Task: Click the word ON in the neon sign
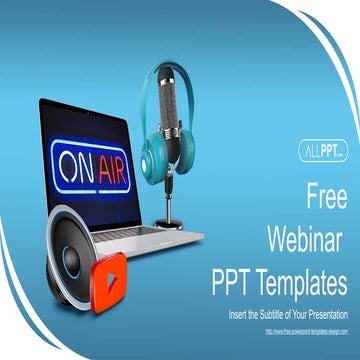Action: (78, 162)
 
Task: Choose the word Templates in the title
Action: (306, 283)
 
